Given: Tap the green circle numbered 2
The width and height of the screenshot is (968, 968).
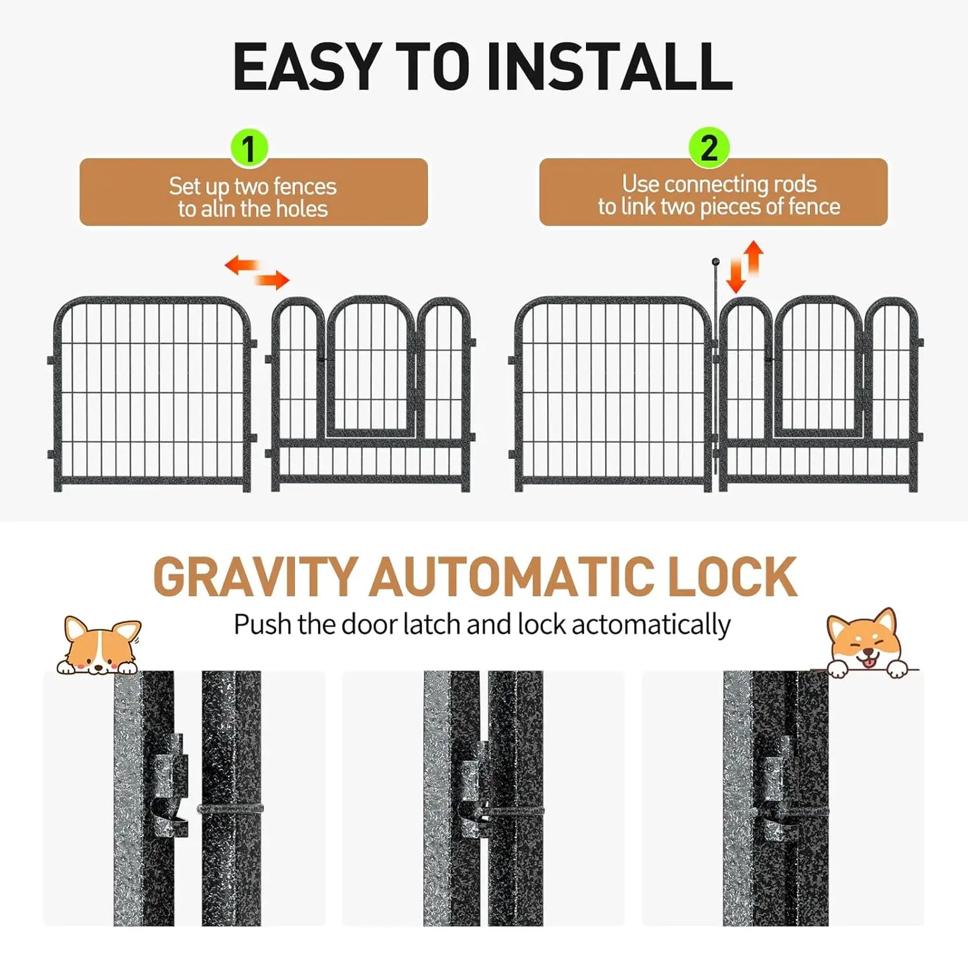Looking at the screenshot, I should coord(709,147).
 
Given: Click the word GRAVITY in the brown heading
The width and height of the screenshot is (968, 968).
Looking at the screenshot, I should coord(255,577).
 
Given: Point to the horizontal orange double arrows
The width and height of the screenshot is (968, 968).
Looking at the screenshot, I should coord(257,272).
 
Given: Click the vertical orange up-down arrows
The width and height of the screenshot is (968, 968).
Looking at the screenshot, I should coord(745,267).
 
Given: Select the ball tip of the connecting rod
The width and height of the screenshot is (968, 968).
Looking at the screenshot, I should coord(715,262).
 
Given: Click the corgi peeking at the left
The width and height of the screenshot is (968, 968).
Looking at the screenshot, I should coord(100,646).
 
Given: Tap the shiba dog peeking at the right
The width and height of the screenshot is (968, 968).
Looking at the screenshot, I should coord(864,644).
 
